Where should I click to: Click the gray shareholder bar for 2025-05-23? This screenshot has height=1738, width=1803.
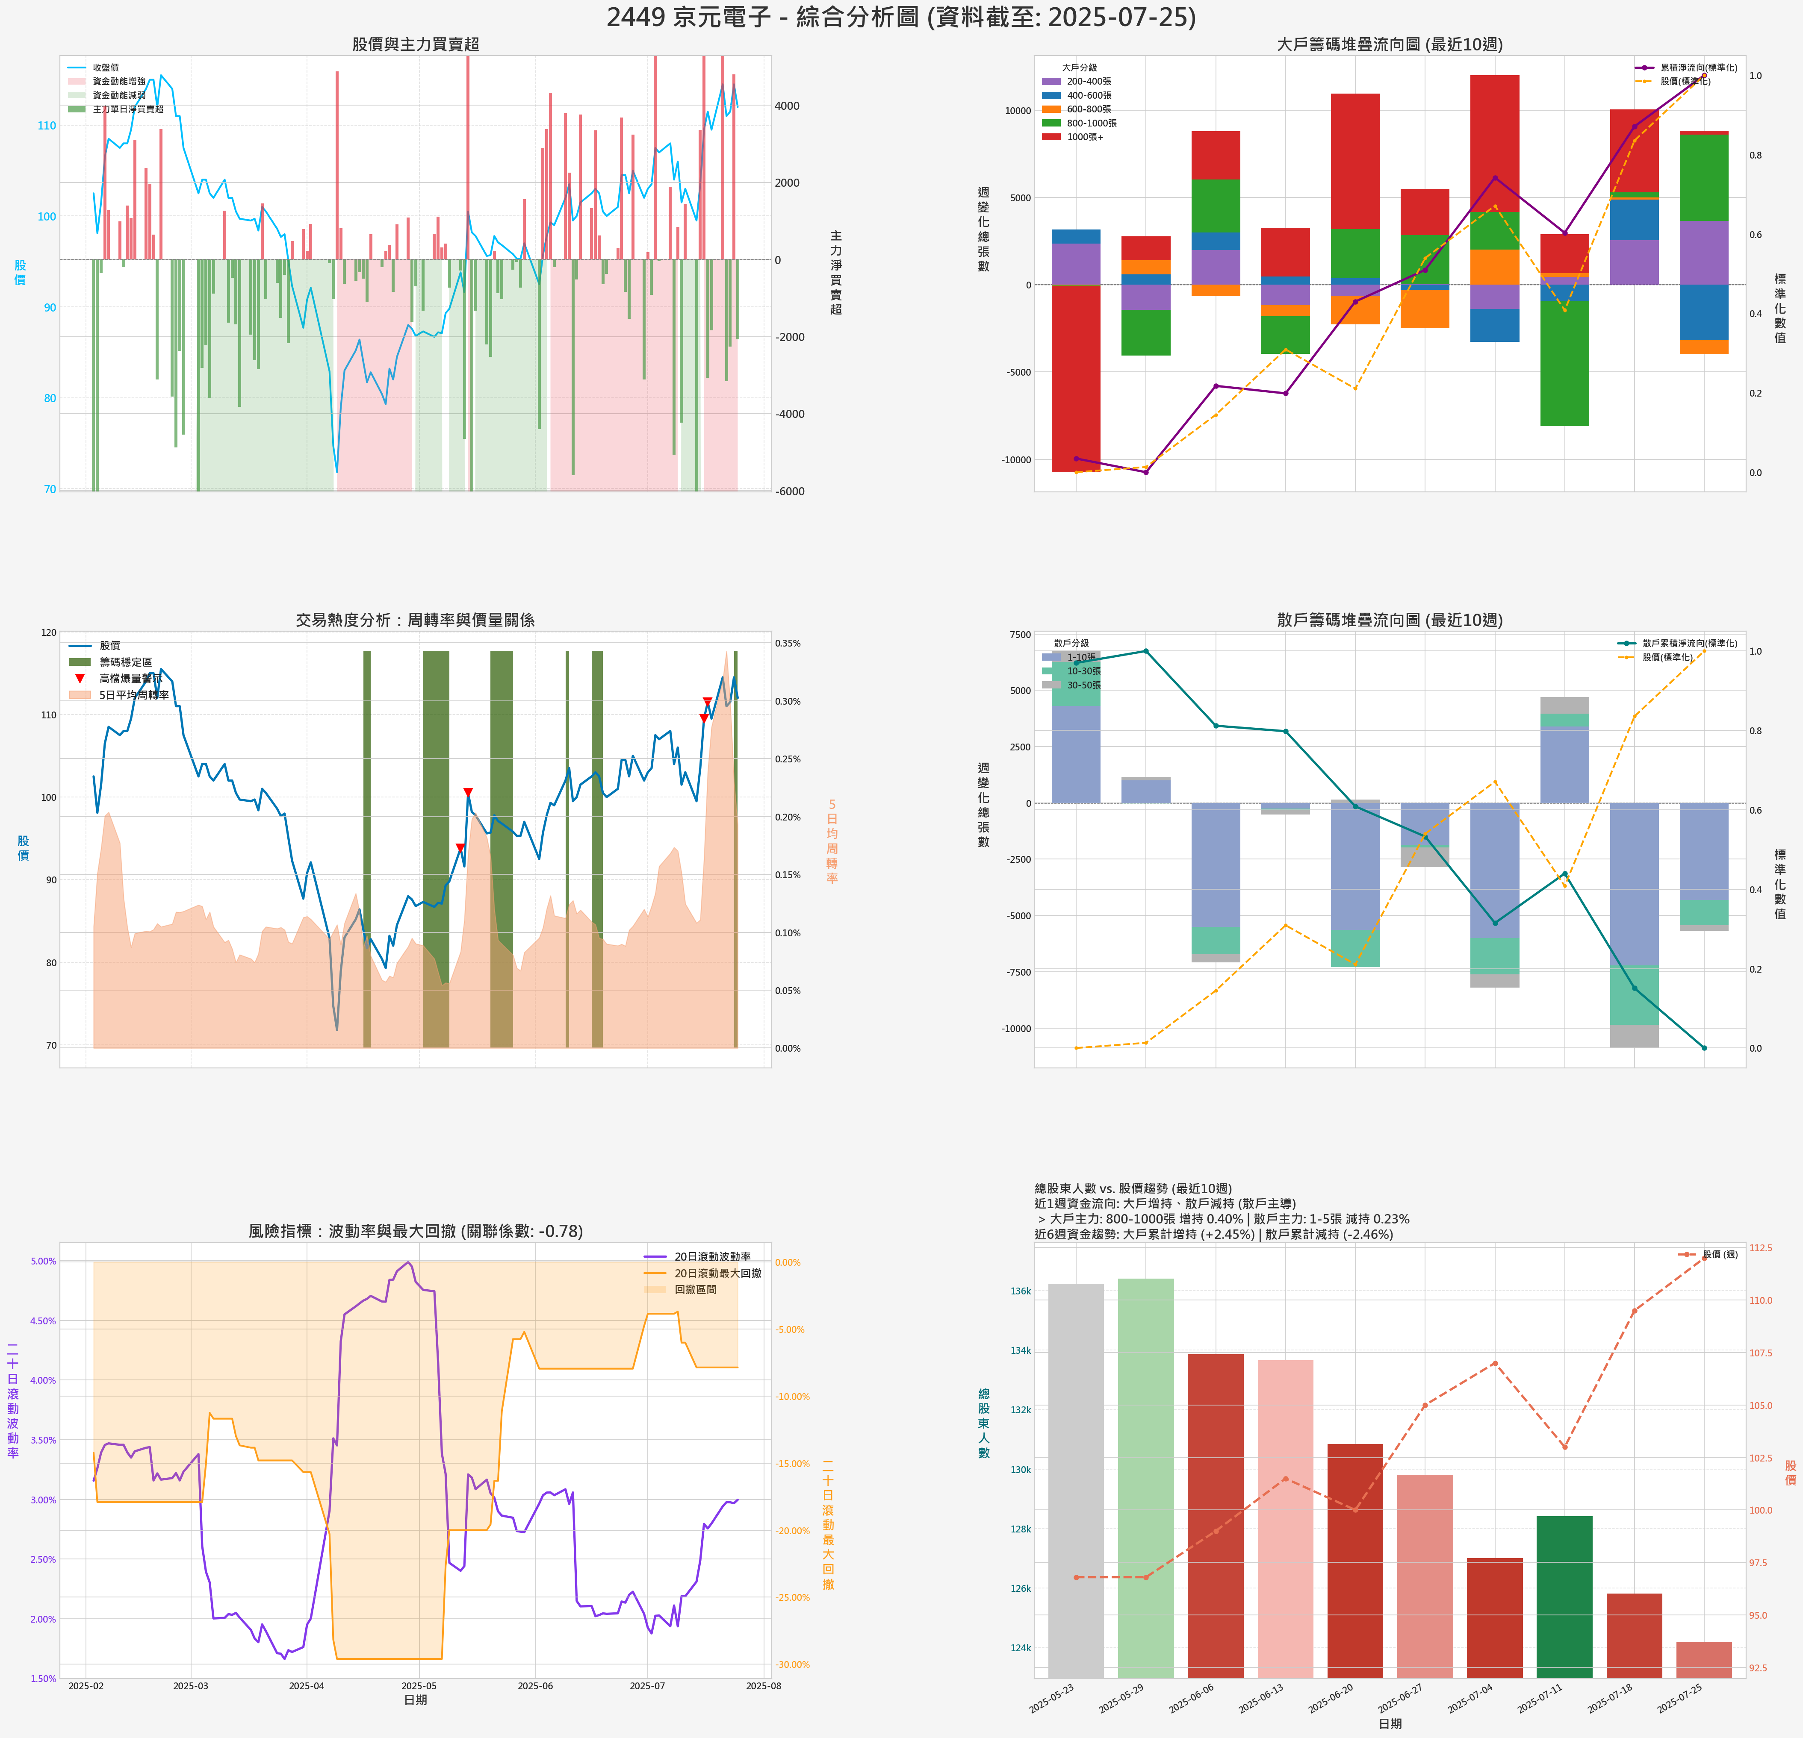(1075, 1480)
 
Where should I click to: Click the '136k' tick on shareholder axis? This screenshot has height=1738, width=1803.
(1020, 1291)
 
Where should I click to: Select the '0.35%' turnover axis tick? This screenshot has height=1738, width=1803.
(788, 644)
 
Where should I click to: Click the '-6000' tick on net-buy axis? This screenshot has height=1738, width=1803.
(789, 491)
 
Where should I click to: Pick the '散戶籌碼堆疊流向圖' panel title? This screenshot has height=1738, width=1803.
(1389, 620)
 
